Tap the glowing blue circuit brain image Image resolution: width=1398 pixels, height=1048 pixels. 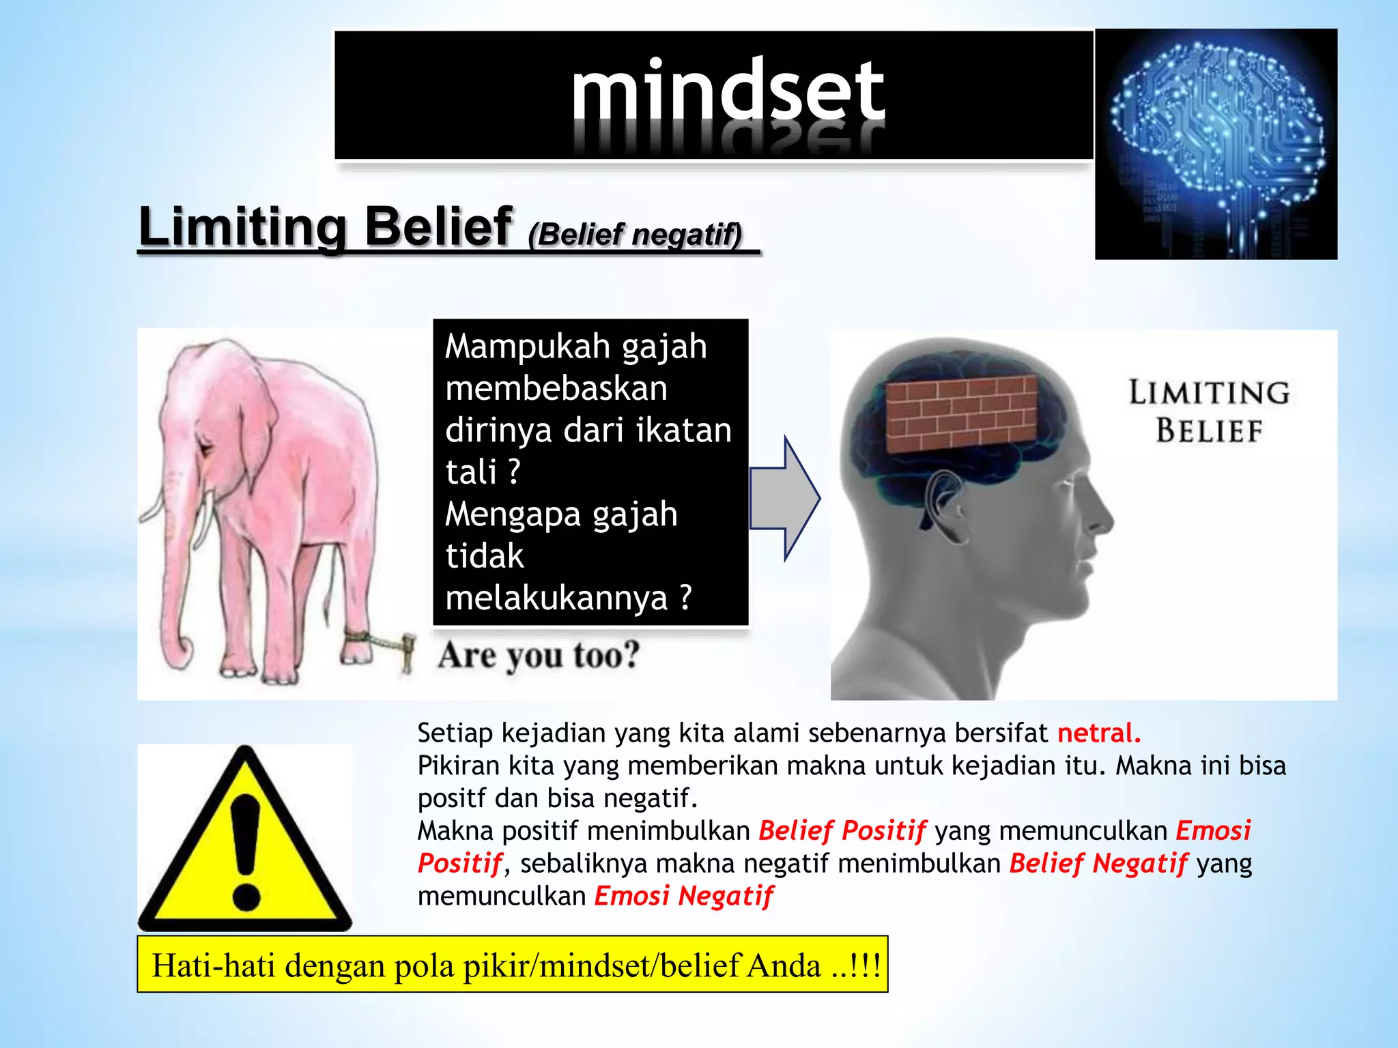click(x=1215, y=143)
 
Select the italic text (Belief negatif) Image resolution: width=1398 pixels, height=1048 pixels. click(x=635, y=235)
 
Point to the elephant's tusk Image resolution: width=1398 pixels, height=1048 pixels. click(x=205, y=519)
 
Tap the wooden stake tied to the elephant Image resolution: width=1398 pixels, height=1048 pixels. click(x=408, y=652)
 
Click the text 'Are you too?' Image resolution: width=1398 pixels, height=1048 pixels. click(x=539, y=655)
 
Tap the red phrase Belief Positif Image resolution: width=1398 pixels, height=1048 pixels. click(x=842, y=831)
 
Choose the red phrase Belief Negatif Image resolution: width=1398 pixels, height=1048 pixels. click(x=1098, y=864)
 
